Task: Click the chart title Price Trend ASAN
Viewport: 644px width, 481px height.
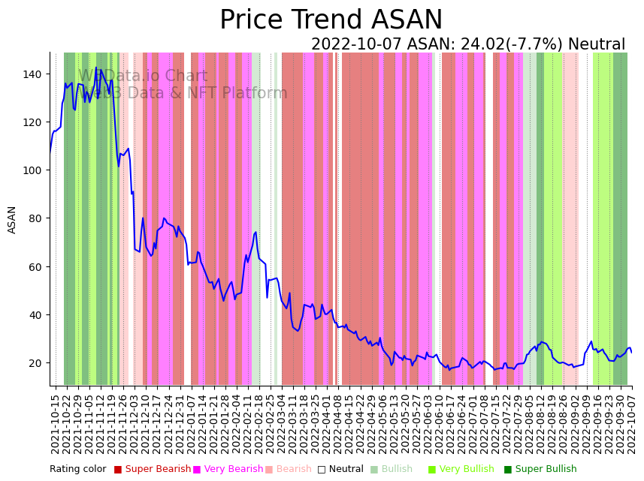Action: point(331,20)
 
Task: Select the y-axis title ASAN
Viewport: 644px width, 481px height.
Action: point(12,220)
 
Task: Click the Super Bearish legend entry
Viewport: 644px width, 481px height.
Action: point(158,470)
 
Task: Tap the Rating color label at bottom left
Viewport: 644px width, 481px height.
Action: point(78,470)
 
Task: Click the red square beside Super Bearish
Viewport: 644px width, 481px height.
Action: point(118,470)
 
